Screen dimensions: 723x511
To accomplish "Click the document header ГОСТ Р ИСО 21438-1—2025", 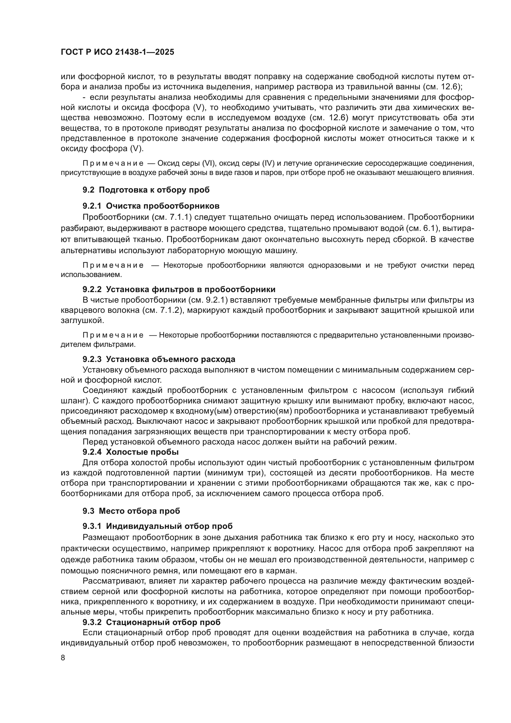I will (x=117, y=52).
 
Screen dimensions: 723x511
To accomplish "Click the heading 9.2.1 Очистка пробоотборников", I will (x=151, y=206).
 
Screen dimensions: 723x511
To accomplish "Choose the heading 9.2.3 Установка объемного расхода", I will (x=159, y=359).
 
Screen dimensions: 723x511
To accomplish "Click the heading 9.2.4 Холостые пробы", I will (x=131, y=452).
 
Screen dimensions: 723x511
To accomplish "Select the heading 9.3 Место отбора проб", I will (x=131, y=511).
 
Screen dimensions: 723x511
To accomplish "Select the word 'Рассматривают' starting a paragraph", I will (x=114, y=581).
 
